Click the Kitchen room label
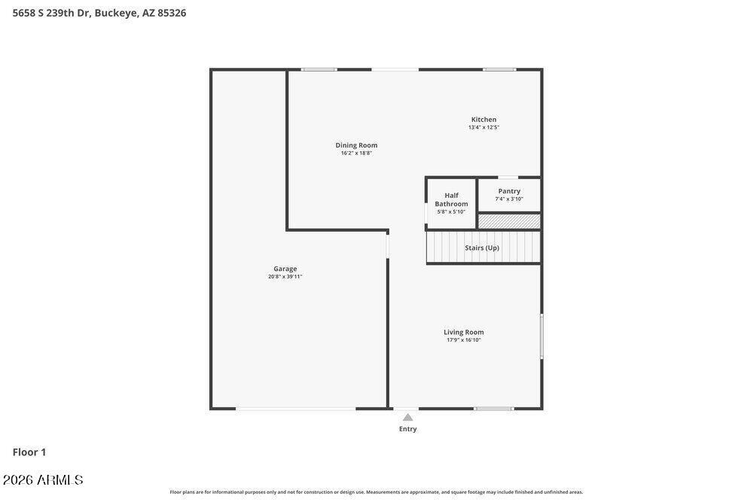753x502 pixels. coord(483,120)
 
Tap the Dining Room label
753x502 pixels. coord(356,145)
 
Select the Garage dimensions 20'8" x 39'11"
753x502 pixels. coord(285,276)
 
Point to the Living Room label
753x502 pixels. coord(463,332)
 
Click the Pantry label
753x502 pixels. coord(509,191)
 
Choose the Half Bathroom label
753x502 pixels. coord(451,199)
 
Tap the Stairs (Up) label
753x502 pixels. coord(482,248)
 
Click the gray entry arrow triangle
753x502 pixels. coord(407,418)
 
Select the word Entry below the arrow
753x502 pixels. coord(407,429)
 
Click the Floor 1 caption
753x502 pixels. coord(29,452)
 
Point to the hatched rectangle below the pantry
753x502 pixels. coord(509,221)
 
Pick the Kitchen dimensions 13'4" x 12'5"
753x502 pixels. coord(483,127)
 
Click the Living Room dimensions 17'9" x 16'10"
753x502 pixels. coord(463,339)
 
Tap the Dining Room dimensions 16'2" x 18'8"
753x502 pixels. coord(356,153)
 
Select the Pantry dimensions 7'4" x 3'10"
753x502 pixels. coord(509,199)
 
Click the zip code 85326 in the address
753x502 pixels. coord(172,13)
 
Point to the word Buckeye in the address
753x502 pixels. coord(117,13)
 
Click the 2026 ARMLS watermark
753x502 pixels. coord(43,479)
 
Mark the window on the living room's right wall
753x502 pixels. coord(541,336)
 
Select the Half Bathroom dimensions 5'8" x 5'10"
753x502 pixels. coord(451,211)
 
